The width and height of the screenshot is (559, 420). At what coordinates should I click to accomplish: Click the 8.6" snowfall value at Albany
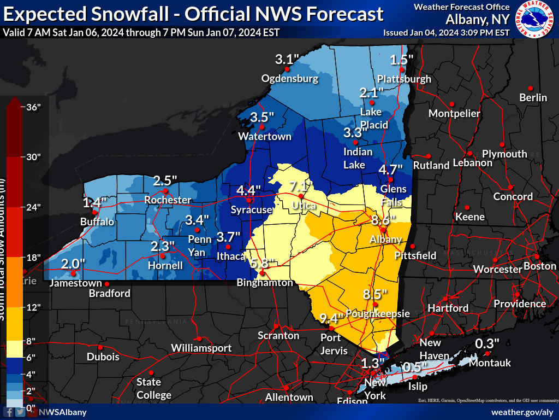(x=383, y=220)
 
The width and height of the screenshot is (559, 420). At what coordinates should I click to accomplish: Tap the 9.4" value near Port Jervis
(x=332, y=318)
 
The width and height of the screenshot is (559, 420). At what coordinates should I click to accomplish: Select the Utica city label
(x=304, y=206)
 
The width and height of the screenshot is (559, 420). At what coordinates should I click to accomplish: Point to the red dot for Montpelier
(x=451, y=104)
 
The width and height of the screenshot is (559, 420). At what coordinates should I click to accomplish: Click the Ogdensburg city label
(x=289, y=79)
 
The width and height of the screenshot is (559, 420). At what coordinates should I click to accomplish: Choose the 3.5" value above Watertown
(x=262, y=117)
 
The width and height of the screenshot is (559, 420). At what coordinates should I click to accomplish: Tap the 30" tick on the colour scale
(x=34, y=157)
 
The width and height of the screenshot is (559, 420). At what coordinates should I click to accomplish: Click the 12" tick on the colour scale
(x=34, y=307)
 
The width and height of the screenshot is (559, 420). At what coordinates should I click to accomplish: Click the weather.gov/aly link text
(x=522, y=412)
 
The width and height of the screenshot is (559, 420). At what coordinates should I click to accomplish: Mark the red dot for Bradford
(x=107, y=284)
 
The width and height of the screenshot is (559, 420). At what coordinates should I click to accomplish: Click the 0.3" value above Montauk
(x=487, y=344)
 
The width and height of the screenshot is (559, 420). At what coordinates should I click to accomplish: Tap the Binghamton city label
(x=265, y=283)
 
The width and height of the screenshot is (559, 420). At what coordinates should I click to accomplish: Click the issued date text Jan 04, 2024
(x=440, y=32)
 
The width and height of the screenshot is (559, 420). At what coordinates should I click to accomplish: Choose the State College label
(x=154, y=388)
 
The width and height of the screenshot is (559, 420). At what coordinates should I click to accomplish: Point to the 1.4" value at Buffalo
(x=94, y=203)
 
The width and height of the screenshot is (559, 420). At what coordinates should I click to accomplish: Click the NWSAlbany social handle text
(x=63, y=412)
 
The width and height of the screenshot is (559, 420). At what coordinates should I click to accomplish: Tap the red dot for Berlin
(x=530, y=87)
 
